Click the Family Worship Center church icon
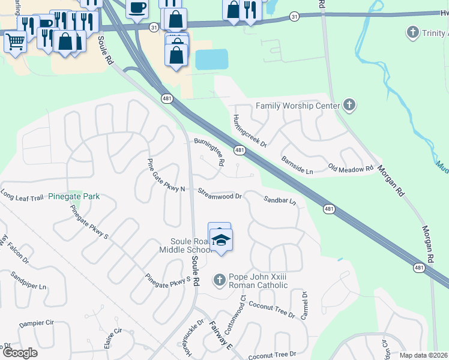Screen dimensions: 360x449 coord(349,106)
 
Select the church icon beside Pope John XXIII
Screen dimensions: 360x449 coord(219,280)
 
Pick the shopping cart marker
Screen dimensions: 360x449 coord(15,42)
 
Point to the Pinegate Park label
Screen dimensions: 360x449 coord(74,196)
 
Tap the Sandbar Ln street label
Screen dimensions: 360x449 coord(280,200)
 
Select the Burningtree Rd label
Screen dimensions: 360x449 coord(209,151)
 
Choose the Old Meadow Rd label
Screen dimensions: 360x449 coord(351,169)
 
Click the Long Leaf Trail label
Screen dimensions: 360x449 coord(22,196)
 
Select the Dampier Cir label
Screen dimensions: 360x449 coord(36,323)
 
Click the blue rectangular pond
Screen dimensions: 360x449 coord(211,59)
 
